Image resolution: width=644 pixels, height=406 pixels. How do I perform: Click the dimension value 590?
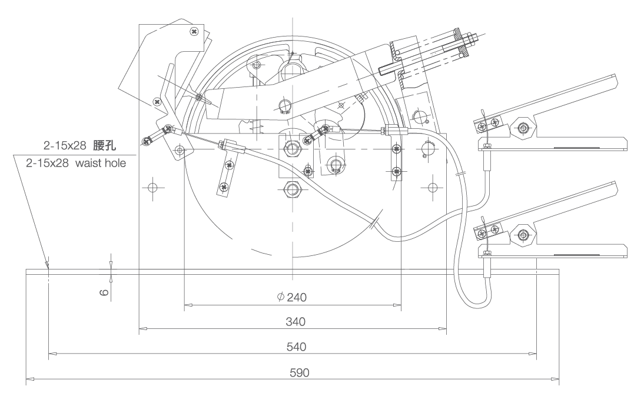293,372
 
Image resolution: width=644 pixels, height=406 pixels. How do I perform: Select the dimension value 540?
293,347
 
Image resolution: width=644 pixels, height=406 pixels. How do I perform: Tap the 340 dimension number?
293,322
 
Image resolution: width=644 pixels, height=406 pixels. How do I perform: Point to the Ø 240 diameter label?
291,297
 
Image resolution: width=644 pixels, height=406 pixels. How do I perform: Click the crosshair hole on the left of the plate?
152,188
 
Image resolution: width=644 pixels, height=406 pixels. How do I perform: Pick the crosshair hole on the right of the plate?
433,188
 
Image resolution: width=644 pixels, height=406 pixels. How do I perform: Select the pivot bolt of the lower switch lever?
522,234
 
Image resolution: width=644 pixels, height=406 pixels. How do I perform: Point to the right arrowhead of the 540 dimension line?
533,354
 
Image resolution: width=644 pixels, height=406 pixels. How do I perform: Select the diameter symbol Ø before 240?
280,297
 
